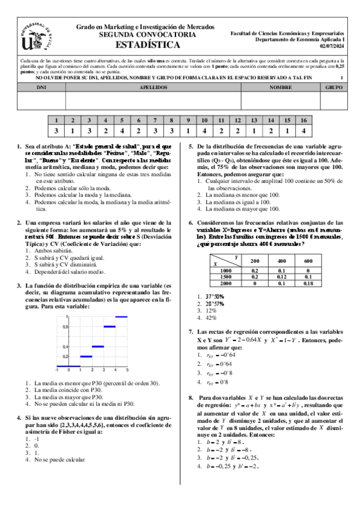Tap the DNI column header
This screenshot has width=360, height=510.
41,87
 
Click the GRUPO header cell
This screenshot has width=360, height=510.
333,87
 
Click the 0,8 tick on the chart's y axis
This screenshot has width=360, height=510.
66,327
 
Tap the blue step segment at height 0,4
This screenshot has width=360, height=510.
98,346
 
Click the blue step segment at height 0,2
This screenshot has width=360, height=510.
86,357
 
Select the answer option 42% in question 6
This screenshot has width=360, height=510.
211,318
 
